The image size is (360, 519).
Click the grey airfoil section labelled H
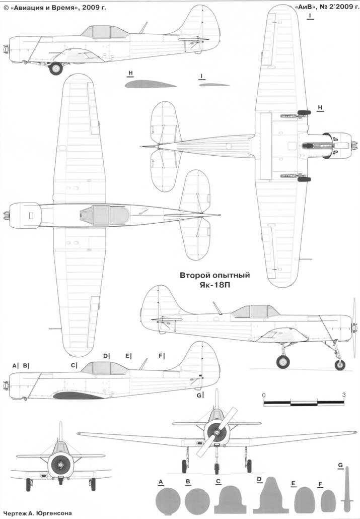point(151,84)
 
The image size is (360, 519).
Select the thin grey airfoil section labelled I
point(214,85)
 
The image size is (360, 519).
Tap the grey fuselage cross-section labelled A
point(168,501)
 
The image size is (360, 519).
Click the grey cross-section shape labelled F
point(328,501)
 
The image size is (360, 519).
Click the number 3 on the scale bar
point(344,395)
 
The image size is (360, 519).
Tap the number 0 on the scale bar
point(264,395)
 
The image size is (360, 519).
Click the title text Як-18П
point(215,285)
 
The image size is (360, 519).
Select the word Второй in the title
point(193,276)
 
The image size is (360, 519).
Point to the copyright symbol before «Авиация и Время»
point(6,7)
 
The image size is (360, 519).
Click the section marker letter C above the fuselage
point(73,365)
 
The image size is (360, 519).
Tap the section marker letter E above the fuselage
point(127,356)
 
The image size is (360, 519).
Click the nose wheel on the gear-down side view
point(340,365)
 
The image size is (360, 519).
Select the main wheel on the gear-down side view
point(283,361)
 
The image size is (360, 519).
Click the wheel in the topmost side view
point(55,69)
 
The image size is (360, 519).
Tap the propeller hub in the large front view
point(217,432)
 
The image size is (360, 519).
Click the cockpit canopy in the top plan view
point(105,215)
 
